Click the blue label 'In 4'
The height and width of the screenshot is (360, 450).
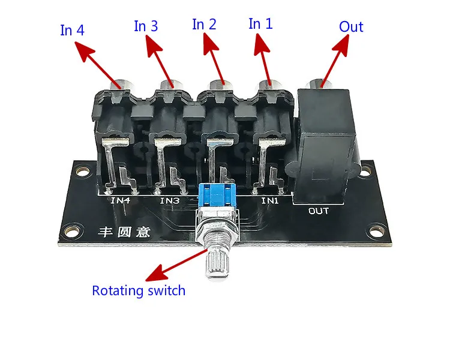click(x=72, y=31)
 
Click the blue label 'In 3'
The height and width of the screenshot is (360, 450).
click(x=146, y=26)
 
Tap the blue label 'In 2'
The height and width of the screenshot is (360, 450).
click(x=204, y=24)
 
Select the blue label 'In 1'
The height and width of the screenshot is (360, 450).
click(x=260, y=24)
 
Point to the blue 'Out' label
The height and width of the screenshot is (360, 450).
click(x=351, y=27)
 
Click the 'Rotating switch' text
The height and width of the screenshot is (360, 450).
click(x=139, y=291)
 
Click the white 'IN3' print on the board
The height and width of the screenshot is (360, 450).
click(x=170, y=200)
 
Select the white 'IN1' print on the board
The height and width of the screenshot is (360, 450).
click(x=269, y=200)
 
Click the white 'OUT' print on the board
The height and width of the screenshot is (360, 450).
click(x=319, y=211)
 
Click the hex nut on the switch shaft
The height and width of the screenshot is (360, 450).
click(x=217, y=232)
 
